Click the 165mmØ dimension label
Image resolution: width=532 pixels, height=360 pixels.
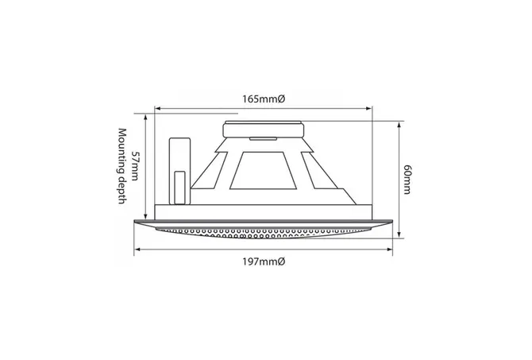tap(264, 99)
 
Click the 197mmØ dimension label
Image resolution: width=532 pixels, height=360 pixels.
tap(264, 261)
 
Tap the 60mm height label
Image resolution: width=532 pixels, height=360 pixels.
tap(407, 180)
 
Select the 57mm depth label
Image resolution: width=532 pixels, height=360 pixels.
tap(135, 166)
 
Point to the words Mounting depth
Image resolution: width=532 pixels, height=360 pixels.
tap(121, 166)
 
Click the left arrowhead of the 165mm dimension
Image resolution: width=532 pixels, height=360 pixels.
tap(157, 109)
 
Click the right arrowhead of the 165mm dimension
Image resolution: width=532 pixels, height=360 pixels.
tap(369, 109)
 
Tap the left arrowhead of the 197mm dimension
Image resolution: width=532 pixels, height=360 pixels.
tap(137, 250)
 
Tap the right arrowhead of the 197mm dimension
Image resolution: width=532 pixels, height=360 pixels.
tap(390, 250)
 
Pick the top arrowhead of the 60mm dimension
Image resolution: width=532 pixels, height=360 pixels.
tap(399, 125)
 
